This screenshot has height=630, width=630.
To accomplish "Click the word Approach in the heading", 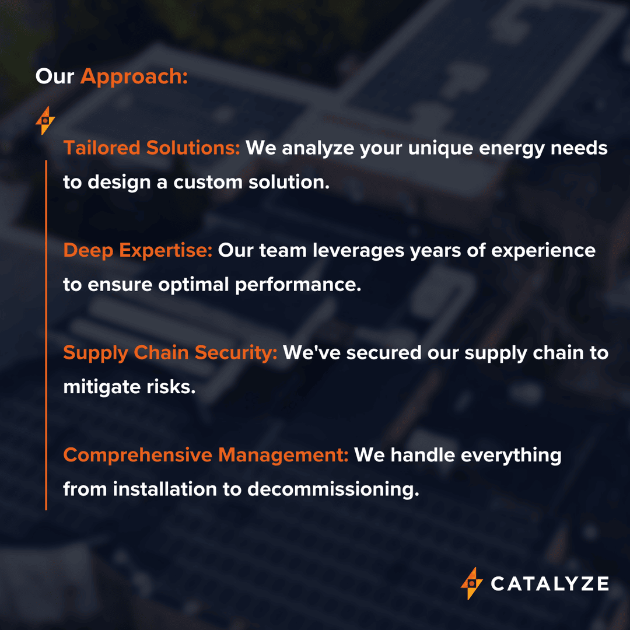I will (134, 77).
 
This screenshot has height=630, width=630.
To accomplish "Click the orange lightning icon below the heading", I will (45, 121).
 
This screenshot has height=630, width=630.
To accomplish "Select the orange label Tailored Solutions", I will (152, 148).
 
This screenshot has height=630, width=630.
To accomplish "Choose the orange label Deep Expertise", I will (138, 251).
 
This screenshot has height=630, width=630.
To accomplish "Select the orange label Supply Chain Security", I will (170, 353).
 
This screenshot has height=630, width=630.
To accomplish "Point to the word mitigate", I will (101, 387).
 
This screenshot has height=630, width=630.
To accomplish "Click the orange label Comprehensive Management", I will (205, 455).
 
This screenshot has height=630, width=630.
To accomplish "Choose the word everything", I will (511, 455).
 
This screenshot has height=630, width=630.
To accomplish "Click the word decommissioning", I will (333, 489).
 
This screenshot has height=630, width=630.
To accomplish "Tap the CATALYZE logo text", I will (549, 583).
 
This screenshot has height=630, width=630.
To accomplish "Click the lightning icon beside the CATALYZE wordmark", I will (471, 583).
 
